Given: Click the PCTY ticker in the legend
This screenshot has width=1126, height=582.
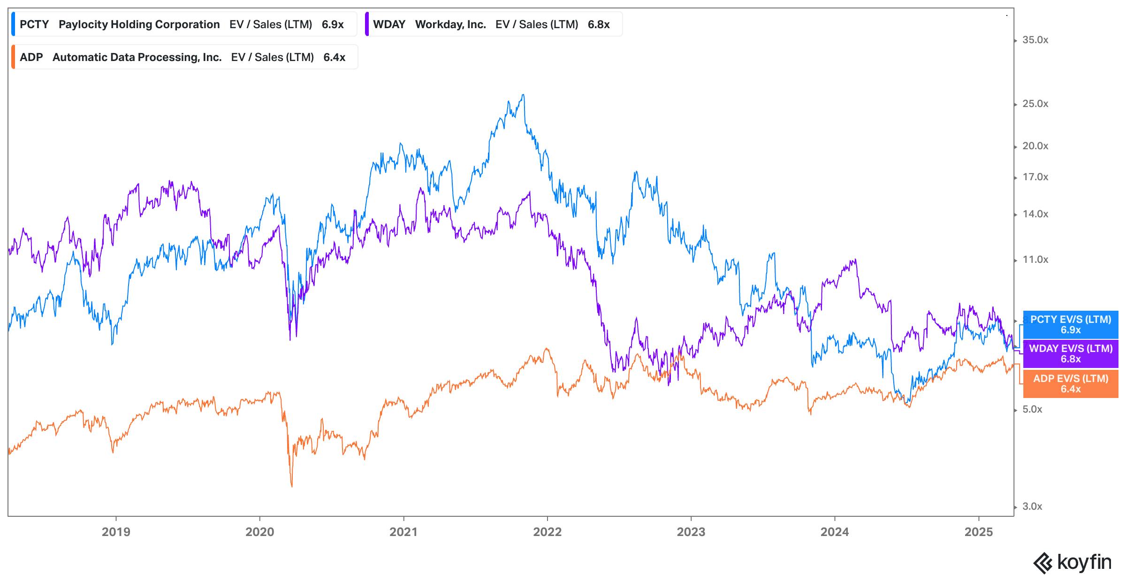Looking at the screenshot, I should [34, 24].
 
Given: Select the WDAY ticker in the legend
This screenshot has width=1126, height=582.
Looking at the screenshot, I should [389, 24].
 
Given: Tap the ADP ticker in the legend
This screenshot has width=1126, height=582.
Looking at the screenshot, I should [31, 57].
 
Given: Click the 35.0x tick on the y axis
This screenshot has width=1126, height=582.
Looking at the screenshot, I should [1035, 40].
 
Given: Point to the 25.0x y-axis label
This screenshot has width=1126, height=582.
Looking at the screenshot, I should [1035, 104].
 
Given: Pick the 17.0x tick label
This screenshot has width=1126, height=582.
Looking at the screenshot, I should [1035, 177].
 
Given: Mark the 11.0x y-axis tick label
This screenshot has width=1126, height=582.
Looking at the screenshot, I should [1035, 260].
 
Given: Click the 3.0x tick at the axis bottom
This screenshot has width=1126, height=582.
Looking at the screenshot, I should [1032, 506].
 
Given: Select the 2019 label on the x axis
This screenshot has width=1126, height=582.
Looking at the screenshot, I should [116, 532].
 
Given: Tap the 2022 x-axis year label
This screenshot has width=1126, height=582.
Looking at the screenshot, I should [547, 532].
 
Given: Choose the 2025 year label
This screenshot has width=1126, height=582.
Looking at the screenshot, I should [978, 532].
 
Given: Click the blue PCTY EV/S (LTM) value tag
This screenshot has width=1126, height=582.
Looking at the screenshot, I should [1071, 325].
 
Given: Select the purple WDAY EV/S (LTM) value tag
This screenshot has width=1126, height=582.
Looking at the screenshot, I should [1071, 354].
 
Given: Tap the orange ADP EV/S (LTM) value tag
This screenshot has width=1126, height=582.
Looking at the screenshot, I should [1071, 383].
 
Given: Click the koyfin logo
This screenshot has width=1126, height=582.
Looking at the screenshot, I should [1073, 562].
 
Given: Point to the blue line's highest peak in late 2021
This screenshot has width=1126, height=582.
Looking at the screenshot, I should [523, 95].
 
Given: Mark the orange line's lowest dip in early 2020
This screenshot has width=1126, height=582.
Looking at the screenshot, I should [292, 486].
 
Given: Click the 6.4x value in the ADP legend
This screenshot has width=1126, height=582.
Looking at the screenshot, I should [334, 57].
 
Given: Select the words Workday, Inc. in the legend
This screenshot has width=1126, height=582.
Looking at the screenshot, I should [450, 24].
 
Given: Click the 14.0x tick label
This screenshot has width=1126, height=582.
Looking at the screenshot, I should [1035, 214].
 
